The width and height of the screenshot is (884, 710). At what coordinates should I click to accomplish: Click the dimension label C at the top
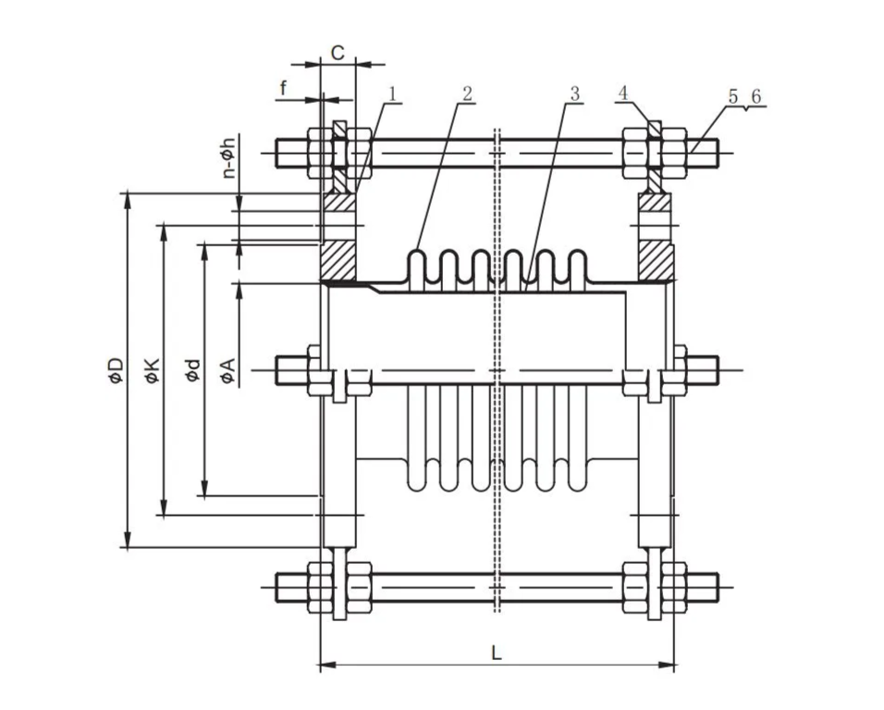pyautogui.click(x=338, y=53)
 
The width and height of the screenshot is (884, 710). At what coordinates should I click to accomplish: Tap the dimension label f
pyautogui.click(x=284, y=88)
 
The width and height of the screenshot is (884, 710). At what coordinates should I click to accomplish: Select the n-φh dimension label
pyautogui.click(x=228, y=156)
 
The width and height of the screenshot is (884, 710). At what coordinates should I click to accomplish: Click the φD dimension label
pyautogui.click(x=117, y=370)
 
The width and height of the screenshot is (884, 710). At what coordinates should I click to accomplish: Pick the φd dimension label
pyautogui.click(x=193, y=370)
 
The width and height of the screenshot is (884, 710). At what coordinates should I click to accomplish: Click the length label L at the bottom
pyautogui.click(x=497, y=653)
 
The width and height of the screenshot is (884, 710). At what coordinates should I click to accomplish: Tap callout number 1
pyautogui.click(x=393, y=93)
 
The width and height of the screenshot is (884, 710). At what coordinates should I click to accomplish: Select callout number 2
pyautogui.click(x=467, y=93)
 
